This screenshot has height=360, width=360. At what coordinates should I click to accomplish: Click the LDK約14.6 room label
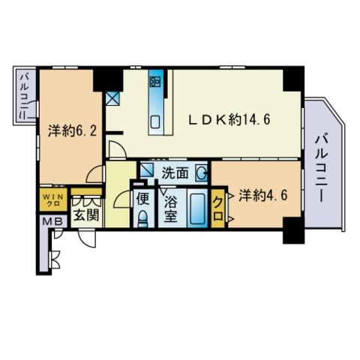[x=229, y=120]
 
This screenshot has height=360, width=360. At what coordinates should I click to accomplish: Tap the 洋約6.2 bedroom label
[x=72, y=130]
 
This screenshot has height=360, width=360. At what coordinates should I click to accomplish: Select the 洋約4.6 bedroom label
[x=263, y=195]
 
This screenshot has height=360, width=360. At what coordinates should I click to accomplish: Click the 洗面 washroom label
[x=175, y=172]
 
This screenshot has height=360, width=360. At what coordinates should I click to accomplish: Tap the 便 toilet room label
[x=143, y=199]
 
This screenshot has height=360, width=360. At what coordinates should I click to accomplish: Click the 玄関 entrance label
[x=86, y=214]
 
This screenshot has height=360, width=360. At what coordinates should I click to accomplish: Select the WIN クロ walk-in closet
[x=54, y=199]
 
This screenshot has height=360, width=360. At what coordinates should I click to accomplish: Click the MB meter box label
[x=52, y=221]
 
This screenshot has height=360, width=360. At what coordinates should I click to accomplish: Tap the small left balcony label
[x=25, y=96]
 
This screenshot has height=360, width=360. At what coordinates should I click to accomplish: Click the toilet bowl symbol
[x=143, y=219]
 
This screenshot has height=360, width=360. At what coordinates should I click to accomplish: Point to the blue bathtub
[x=197, y=208]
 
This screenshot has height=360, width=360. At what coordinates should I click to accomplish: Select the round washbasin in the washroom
[x=201, y=172]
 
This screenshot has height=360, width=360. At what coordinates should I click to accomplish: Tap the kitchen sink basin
[x=155, y=122]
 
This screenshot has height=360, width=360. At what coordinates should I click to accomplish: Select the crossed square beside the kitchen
[x=112, y=98]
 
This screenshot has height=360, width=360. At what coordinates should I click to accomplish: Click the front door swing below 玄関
[x=87, y=239]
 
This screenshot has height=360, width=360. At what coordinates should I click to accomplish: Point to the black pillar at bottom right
[x=293, y=230]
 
